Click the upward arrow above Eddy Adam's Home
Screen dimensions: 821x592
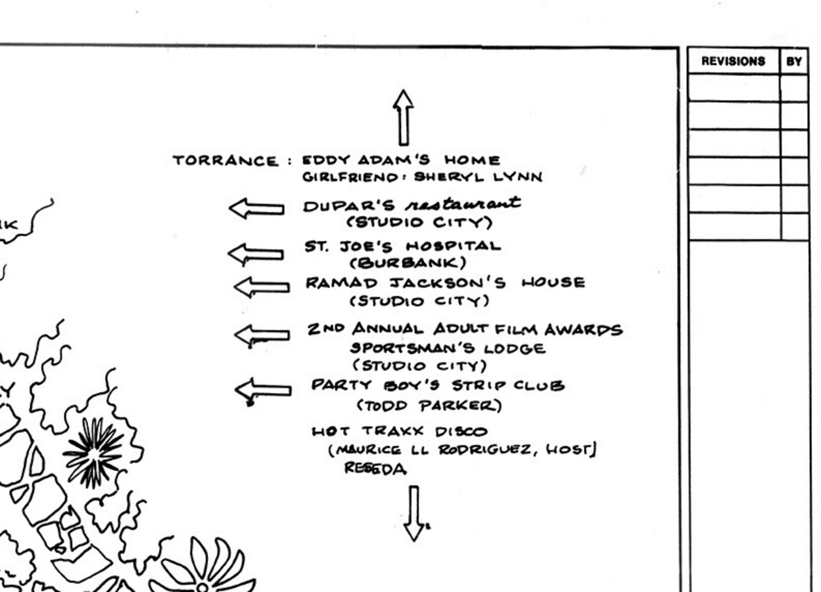pos(403,118)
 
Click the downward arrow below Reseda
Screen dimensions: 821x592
pos(415,514)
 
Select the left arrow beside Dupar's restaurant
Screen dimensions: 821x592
pos(257,208)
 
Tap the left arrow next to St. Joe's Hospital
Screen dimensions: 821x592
pos(256,254)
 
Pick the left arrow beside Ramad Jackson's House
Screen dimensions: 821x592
pos(262,287)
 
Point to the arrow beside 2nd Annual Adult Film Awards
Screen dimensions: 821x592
pos(262,335)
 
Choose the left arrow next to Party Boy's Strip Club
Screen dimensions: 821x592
pos(263,390)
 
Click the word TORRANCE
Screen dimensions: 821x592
pos(225,161)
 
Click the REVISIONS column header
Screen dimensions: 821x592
pos(733,61)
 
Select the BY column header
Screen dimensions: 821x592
pos(794,61)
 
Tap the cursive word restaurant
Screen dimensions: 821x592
pos(463,204)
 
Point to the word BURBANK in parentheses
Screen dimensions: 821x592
pos(408,262)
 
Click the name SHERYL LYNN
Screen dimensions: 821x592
pos(478,177)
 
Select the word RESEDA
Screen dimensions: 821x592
pos(375,469)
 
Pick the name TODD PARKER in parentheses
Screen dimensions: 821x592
pos(429,406)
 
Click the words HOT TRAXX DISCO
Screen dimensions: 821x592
pos(400,431)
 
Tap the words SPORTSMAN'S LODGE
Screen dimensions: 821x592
pos(448,348)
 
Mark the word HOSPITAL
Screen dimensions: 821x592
pos(454,246)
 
